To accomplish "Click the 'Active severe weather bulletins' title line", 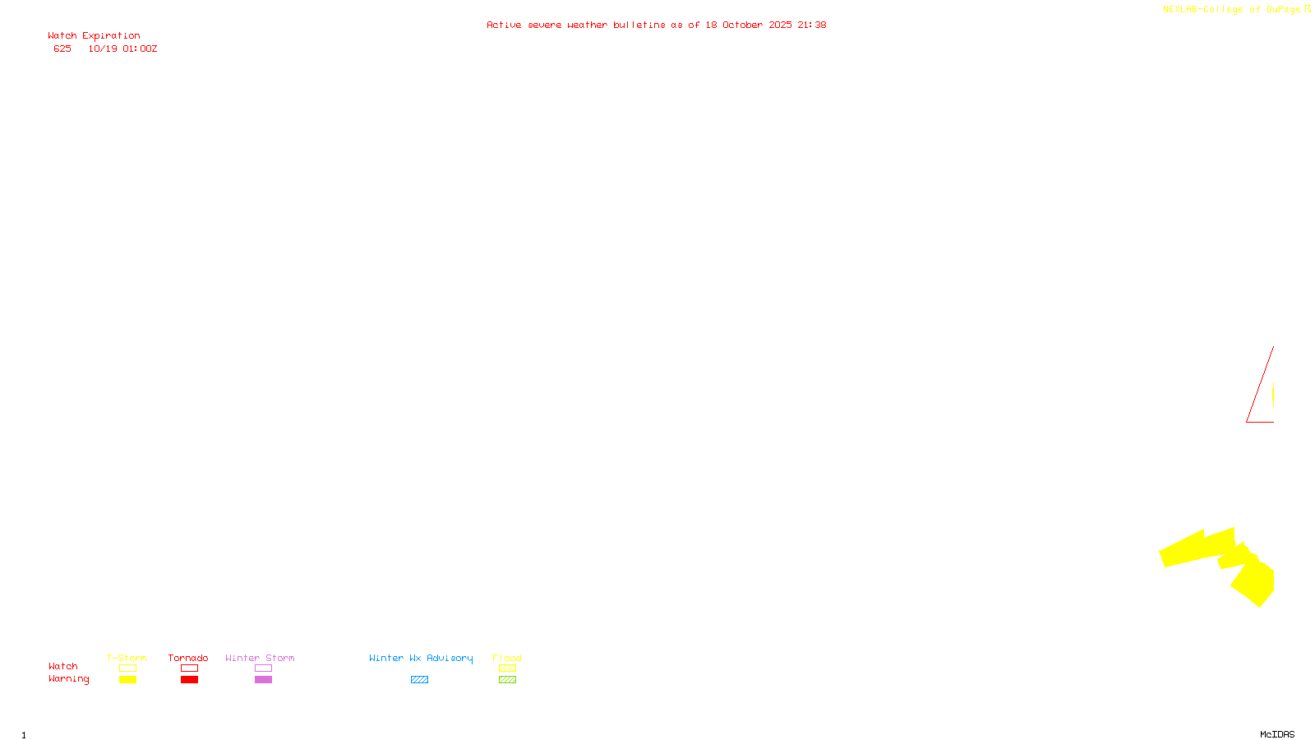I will pyautogui.click(x=656, y=25).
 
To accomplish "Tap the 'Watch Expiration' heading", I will pyautogui.click(x=94, y=36).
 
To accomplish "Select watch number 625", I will pyautogui.click(x=62, y=49).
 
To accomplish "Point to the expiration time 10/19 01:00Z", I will pyautogui.click(x=122, y=49).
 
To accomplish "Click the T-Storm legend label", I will pyautogui.click(x=127, y=658).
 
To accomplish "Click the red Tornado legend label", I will pyautogui.click(x=188, y=658).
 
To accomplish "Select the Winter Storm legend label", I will pyautogui.click(x=260, y=658).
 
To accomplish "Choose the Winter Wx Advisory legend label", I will pyautogui.click(x=421, y=658).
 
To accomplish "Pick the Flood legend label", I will pyautogui.click(x=507, y=658).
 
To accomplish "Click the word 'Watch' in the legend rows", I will pyautogui.click(x=63, y=667).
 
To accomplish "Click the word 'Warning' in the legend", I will pyautogui.click(x=68, y=679).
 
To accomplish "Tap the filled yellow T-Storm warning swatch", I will pyautogui.click(x=127, y=680).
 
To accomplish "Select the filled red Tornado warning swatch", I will pyautogui.click(x=189, y=680).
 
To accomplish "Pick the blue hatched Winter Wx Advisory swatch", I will pyautogui.click(x=419, y=680).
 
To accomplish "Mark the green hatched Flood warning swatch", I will pyautogui.click(x=507, y=680).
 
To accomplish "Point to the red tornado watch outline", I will pyautogui.click(x=1259, y=386).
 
